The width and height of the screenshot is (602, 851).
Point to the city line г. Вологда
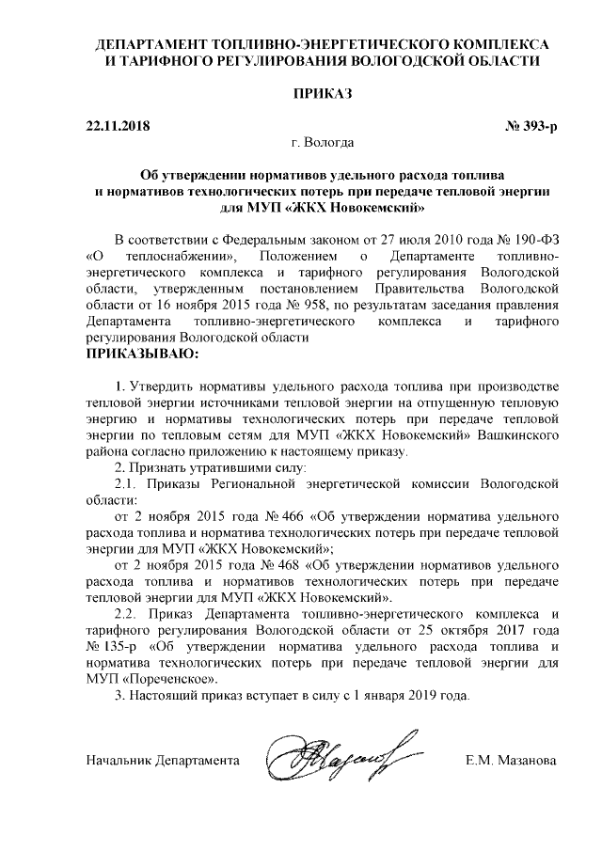323,144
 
